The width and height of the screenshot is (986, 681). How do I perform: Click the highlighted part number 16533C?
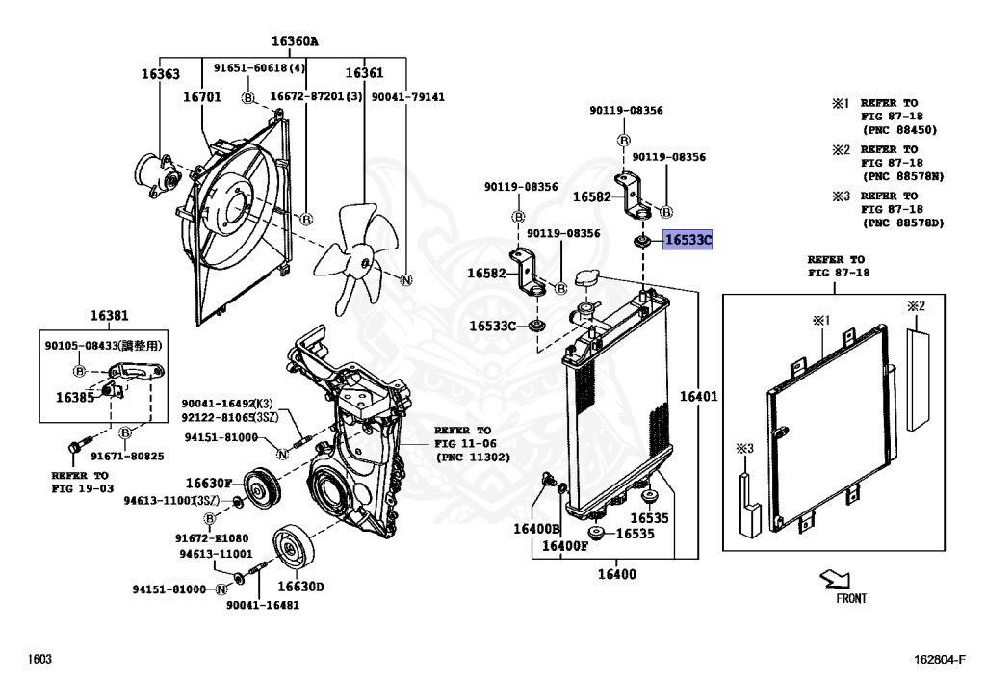688,240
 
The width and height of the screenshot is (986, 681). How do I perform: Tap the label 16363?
160,74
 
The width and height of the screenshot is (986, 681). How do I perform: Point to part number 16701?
202,97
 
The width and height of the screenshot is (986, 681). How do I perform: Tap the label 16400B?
536,529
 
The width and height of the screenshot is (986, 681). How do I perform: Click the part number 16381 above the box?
110,316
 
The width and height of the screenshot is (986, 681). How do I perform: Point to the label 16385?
74,397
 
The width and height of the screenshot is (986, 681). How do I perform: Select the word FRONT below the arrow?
850,598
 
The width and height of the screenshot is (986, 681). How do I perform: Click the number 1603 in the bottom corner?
39,659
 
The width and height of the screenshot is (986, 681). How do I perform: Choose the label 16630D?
300,587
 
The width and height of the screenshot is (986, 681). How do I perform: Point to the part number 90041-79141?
408,97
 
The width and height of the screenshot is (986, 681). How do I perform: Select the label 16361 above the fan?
364,74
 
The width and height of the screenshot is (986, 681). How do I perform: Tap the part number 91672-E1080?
212,537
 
